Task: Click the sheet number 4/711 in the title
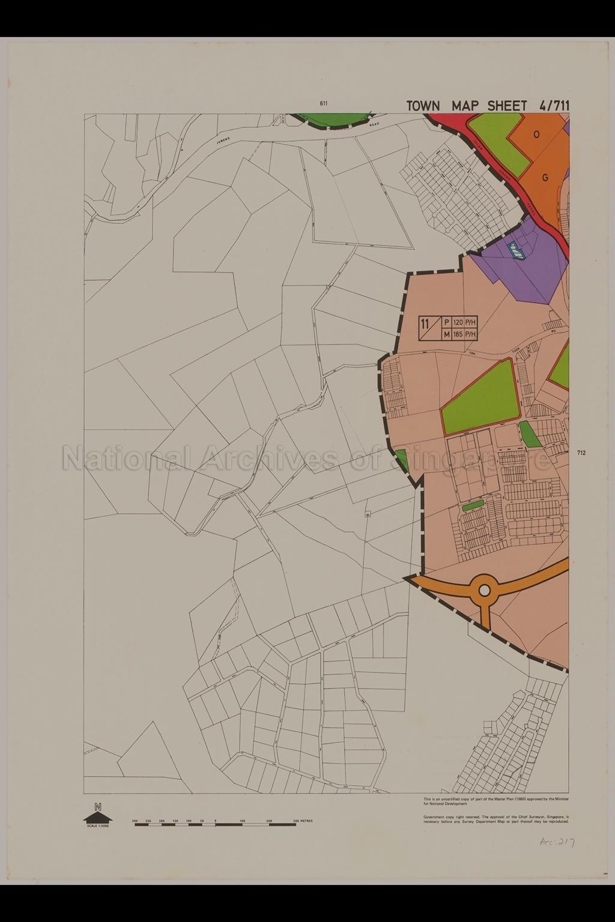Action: tap(554, 106)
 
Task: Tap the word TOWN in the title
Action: tap(423, 106)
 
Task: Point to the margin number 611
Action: tap(324, 103)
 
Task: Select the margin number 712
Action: tap(580, 453)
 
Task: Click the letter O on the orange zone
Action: tap(536, 134)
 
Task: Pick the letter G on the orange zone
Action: tap(545, 177)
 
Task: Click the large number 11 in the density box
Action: tap(425, 325)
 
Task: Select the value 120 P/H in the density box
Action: tap(464, 322)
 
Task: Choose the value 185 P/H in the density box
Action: tap(464, 334)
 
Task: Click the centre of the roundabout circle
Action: tap(484, 591)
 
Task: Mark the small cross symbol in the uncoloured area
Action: tap(368, 514)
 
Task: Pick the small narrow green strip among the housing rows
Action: tap(473, 506)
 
